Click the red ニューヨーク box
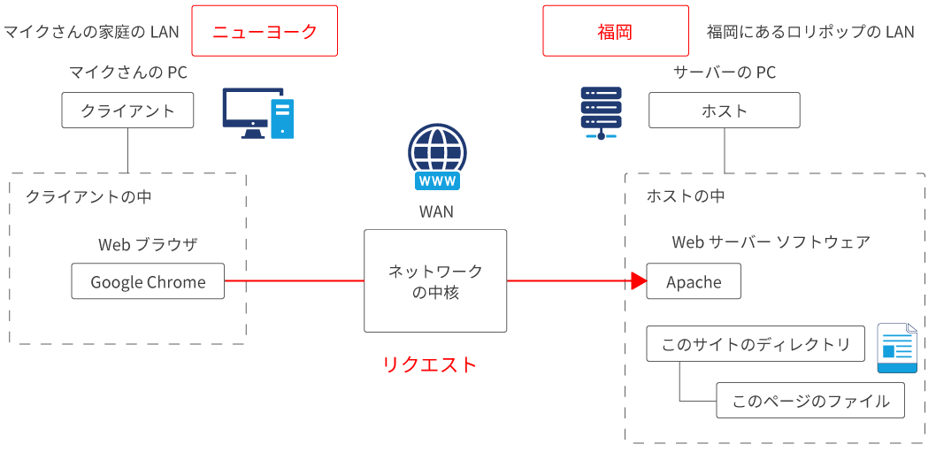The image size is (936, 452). (x=265, y=31)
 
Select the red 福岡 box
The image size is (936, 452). (x=615, y=31)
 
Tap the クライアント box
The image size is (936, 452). (x=128, y=111)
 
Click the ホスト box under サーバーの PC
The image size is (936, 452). (x=724, y=111)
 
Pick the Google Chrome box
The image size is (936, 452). (x=148, y=282)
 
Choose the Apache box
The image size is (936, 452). (x=694, y=282)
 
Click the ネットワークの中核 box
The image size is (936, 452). (x=435, y=281)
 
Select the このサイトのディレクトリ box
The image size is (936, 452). (x=756, y=344)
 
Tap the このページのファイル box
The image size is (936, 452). (x=810, y=401)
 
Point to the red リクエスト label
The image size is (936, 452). (x=430, y=364)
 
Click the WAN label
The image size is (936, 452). (x=436, y=212)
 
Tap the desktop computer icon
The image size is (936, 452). (x=257, y=113)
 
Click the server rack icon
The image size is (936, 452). (x=601, y=113)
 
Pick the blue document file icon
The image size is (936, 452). (x=896, y=348)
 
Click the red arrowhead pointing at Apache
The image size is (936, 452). (x=639, y=281)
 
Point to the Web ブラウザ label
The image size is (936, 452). (x=148, y=244)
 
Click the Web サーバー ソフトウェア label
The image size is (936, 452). (x=771, y=242)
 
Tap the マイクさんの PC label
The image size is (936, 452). (x=128, y=73)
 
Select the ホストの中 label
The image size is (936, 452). (x=686, y=196)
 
